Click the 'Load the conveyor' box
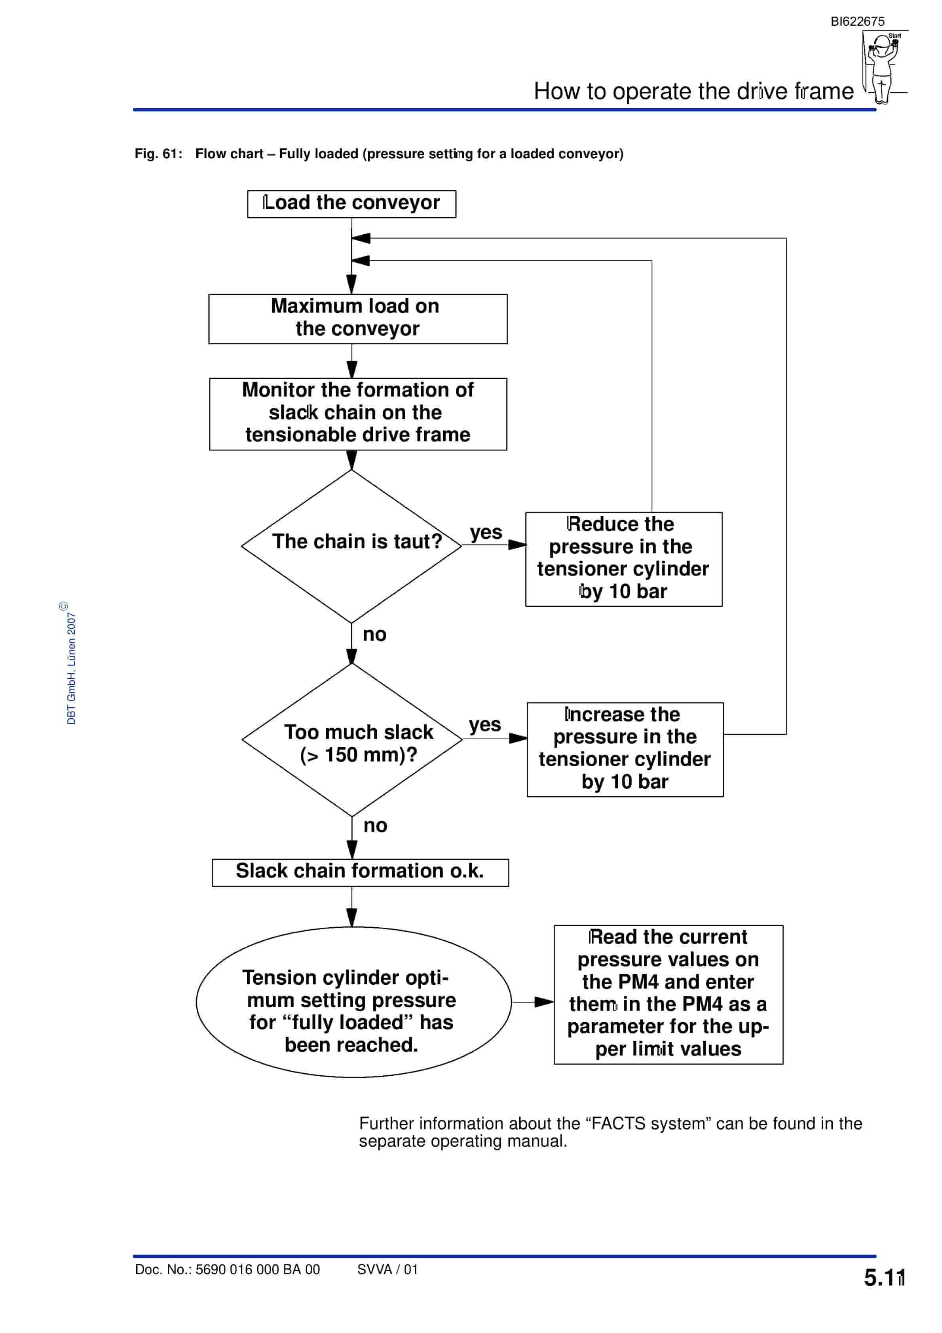pos(351,204)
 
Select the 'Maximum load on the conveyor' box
pos(358,319)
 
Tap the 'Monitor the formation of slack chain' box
pos(358,414)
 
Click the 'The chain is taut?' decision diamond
pos(351,546)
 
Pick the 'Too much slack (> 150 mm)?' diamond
pos(352,740)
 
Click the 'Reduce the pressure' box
pos(624,559)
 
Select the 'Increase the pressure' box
pos(625,750)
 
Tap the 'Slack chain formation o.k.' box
pos(360,873)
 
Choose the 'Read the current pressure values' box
pos(669,995)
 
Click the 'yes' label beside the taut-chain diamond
pos(486,532)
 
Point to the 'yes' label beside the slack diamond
pos(485,725)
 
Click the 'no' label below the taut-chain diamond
pos(374,634)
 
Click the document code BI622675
pos(857,21)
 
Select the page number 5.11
pos(884,1278)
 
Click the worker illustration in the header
pos(884,67)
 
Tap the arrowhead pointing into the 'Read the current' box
pos(544,1002)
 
